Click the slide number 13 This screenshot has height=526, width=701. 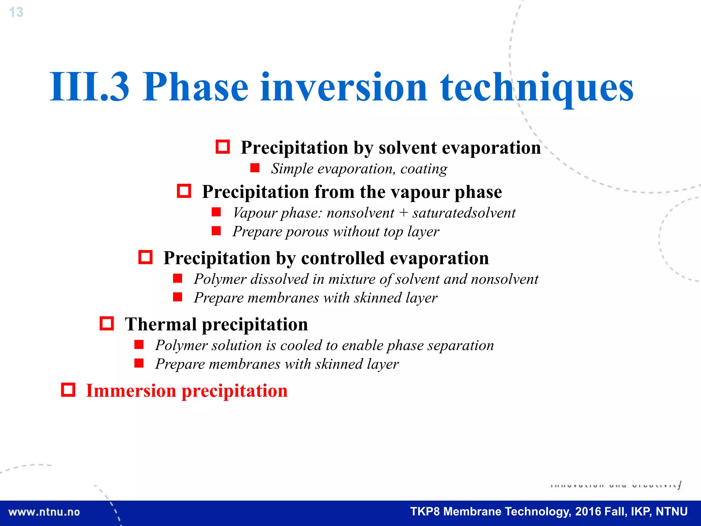click(x=16, y=12)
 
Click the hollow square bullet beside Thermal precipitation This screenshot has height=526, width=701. click(x=107, y=323)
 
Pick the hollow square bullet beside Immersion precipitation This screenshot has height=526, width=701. click(x=68, y=390)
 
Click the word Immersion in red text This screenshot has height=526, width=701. click(x=131, y=390)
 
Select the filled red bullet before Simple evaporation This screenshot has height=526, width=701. click(x=255, y=168)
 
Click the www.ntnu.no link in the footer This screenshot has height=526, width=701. click(x=44, y=512)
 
